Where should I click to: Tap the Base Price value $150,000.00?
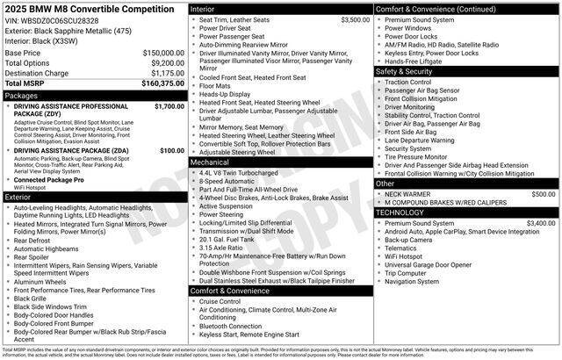point(163,53)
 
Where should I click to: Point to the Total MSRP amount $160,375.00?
point(162,84)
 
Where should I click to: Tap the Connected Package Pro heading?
point(49,179)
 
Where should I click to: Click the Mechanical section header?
point(210,162)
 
